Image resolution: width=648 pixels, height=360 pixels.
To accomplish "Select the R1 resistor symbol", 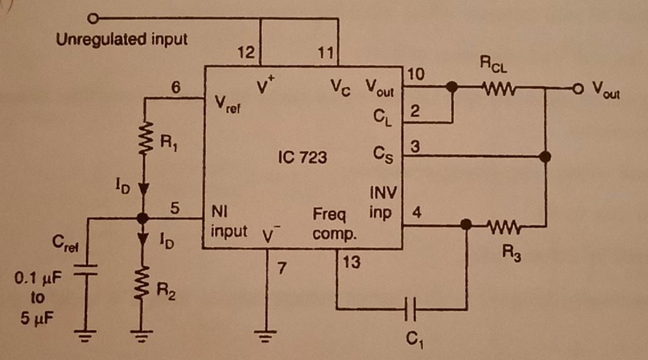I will [x=144, y=136].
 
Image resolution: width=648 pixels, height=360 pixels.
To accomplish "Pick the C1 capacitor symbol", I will [x=411, y=308].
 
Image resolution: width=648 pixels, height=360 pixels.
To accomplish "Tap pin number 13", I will [x=352, y=263].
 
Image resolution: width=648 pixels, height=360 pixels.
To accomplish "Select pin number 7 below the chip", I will [x=282, y=269].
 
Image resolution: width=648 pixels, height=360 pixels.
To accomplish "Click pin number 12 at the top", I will [x=247, y=54].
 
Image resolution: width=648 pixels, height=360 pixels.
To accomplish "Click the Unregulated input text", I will [x=121, y=40].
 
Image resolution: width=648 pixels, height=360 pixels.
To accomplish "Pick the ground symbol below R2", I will [x=144, y=337].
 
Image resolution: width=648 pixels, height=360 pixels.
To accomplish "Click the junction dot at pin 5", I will [x=144, y=218].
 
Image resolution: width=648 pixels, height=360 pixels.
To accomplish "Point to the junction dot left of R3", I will [x=466, y=225].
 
